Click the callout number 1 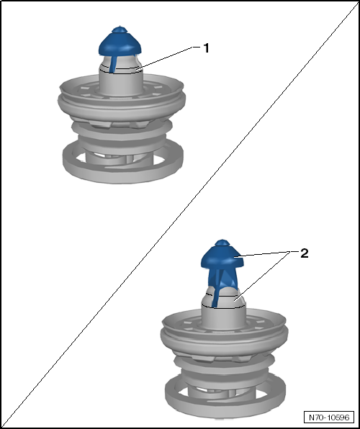(x=206, y=48)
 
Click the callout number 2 (x=304, y=253)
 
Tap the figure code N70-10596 (x=329, y=417)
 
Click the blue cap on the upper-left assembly (x=120, y=44)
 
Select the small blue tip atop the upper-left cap (x=119, y=30)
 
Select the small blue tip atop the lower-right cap (x=222, y=243)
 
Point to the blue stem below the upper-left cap (x=113, y=64)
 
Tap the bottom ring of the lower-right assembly (x=225, y=402)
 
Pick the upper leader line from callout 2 (x=265, y=253)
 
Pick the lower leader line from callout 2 (x=263, y=276)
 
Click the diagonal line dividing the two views (x=180, y=216)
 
